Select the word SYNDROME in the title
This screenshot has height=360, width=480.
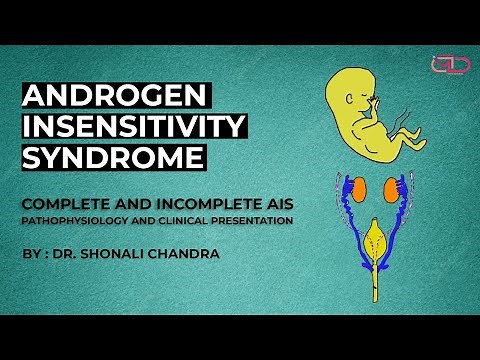(x=113, y=157)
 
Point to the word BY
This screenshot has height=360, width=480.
(x=31, y=254)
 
